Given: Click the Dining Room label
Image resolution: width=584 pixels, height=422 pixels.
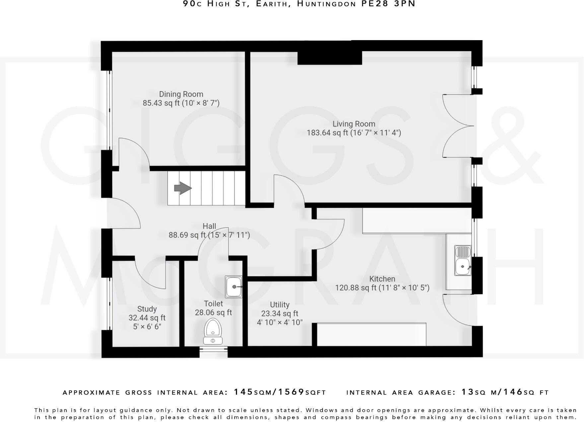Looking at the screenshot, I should coord(181,94).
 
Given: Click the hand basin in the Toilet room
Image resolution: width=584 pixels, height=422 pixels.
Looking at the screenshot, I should coord(234,286).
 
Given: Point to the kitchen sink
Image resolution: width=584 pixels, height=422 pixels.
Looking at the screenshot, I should coord(463,261).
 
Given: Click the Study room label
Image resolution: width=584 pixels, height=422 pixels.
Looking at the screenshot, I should coord(147,309).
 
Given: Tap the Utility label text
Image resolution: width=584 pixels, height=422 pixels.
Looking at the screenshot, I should coord(279,305).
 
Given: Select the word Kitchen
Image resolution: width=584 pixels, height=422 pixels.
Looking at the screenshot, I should coord(382,279).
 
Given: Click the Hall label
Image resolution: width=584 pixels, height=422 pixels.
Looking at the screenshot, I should coord(209,226).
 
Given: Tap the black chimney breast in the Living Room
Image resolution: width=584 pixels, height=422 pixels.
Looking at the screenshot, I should coord(329,58).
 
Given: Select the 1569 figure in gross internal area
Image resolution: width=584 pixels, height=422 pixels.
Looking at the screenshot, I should coord(291,392).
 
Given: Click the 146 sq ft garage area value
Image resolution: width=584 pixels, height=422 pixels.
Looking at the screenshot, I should coord(513,392).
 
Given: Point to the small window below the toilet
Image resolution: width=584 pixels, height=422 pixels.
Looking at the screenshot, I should coord(213,351).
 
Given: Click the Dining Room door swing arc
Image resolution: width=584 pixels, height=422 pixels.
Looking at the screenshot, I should coord(134,151).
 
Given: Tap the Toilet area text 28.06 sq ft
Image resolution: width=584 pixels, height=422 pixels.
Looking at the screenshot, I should coord(213,313).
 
